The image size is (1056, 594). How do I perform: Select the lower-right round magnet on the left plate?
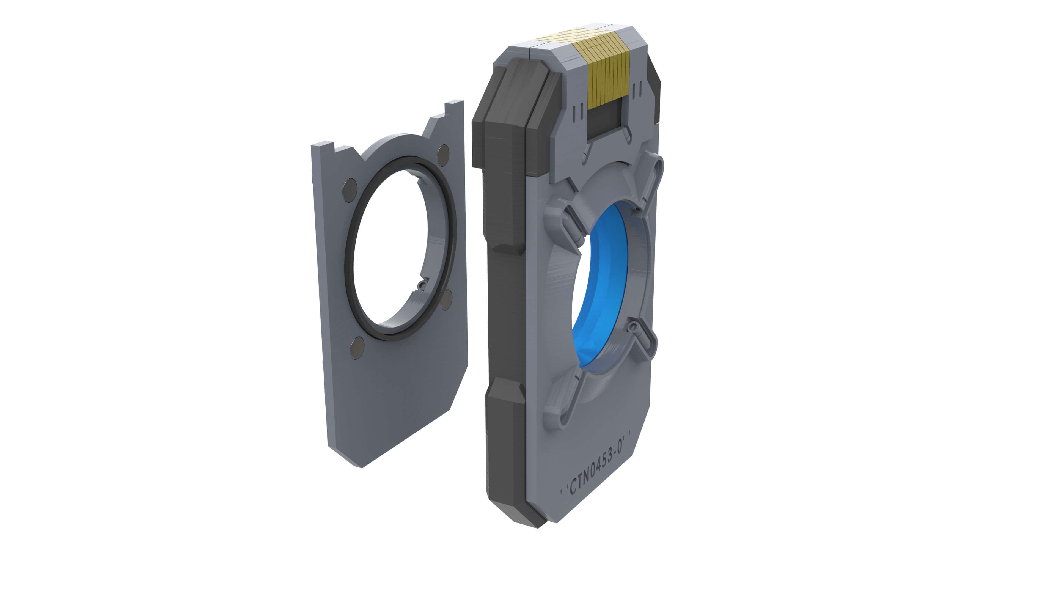click(446, 300)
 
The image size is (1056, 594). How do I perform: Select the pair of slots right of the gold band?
click(637, 90)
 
